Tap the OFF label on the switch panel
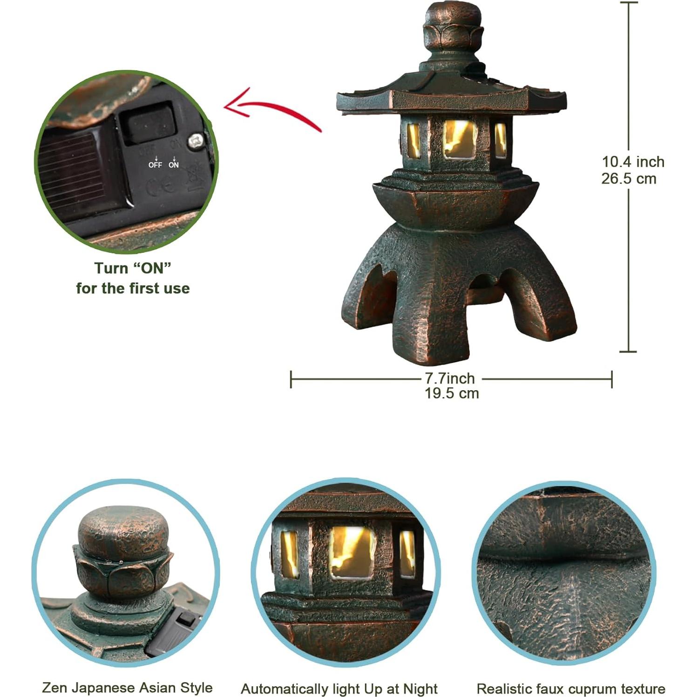tap(155, 165)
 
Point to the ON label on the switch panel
tap(174, 165)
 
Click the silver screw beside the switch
tap(196, 139)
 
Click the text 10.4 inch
tap(633, 162)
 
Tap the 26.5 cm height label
tap(629, 179)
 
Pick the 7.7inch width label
tap(450, 378)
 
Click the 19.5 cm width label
tap(452, 393)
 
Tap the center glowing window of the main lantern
tap(460, 139)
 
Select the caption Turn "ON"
tap(133, 268)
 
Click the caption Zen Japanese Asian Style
tap(127, 688)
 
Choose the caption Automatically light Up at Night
tap(339, 689)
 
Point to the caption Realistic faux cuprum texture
tap(571, 689)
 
